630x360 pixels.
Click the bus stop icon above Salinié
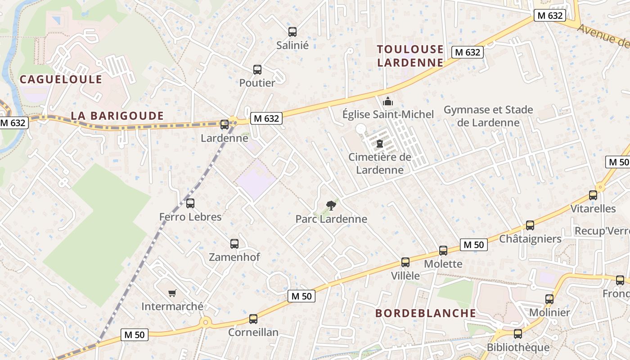pyautogui.click(x=292, y=32)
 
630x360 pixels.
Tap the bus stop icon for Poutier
pyautogui.click(x=257, y=70)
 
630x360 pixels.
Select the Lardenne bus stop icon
pyautogui.click(x=225, y=125)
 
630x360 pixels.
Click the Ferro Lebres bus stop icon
pyautogui.click(x=190, y=203)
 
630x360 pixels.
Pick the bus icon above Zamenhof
pyautogui.click(x=234, y=244)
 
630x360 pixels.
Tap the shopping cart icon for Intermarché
pyautogui.click(x=172, y=293)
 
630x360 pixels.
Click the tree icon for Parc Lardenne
pyautogui.click(x=331, y=206)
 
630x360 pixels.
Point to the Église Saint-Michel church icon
pyautogui.click(x=388, y=101)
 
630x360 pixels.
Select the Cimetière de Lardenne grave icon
pyautogui.click(x=380, y=144)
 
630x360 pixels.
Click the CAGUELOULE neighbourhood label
pyautogui.click(x=61, y=80)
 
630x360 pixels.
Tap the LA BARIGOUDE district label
pyautogui.click(x=117, y=116)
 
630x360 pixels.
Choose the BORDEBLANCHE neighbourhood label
pyautogui.click(x=426, y=313)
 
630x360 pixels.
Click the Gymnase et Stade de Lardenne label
pyautogui.click(x=488, y=116)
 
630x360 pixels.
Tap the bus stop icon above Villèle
pyautogui.click(x=405, y=262)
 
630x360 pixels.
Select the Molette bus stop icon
pyautogui.click(x=443, y=251)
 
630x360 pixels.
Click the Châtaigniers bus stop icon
pyautogui.click(x=530, y=225)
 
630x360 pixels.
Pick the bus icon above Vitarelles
pyautogui.click(x=593, y=195)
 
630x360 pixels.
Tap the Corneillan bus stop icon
pyautogui.click(x=253, y=319)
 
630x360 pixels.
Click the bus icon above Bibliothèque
pyautogui.click(x=518, y=334)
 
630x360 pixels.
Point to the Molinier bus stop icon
pyautogui.click(x=549, y=299)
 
